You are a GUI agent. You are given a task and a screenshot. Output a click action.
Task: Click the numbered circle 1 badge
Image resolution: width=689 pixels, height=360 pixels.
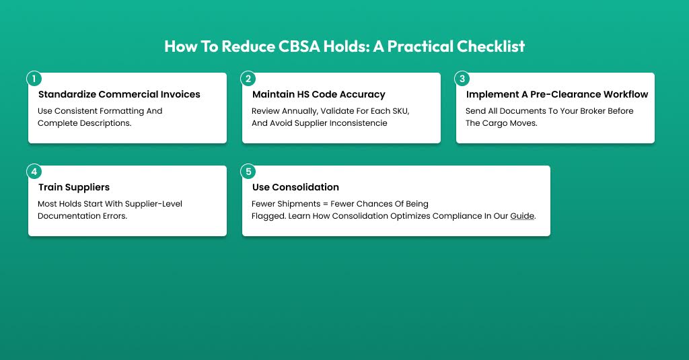pyautogui.click(x=34, y=79)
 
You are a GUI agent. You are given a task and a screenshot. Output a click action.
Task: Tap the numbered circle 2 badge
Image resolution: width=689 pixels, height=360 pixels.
pyautogui.click(x=248, y=79)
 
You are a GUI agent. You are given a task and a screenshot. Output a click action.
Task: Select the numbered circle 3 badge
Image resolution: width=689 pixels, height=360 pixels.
pyautogui.click(x=462, y=79)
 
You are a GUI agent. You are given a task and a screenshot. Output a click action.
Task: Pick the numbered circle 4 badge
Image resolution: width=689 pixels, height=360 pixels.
pyautogui.click(x=34, y=172)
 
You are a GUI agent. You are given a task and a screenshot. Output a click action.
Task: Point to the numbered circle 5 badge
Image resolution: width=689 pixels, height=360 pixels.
pyautogui.click(x=248, y=172)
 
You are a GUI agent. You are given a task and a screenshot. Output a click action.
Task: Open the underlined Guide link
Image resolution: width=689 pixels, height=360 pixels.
pyautogui.click(x=522, y=216)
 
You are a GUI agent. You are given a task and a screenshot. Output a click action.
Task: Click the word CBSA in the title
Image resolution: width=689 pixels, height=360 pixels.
pyautogui.click(x=299, y=46)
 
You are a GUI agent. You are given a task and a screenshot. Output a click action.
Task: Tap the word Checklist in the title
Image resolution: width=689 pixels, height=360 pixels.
pyautogui.click(x=491, y=46)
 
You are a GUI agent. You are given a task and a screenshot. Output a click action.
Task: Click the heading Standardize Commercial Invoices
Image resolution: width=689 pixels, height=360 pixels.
pyautogui.click(x=119, y=94)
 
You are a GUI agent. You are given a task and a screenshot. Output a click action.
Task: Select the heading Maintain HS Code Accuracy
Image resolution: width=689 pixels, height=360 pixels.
pyautogui.click(x=318, y=94)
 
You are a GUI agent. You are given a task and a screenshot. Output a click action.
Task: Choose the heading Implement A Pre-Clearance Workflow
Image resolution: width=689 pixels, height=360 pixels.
pyautogui.click(x=557, y=94)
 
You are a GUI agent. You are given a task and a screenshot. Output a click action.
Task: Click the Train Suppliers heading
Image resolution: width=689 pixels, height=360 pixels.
pyautogui.click(x=74, y=187)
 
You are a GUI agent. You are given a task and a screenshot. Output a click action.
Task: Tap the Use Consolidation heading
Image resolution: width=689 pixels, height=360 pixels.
pyautogui.click(x=296, y=187)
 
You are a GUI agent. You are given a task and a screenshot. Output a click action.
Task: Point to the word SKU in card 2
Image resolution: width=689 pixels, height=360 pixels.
pyautogui.click(x=400, y=111)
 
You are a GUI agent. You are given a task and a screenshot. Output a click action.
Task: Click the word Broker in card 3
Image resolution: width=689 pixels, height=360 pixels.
pyautogui.click(x=592, y=111)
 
